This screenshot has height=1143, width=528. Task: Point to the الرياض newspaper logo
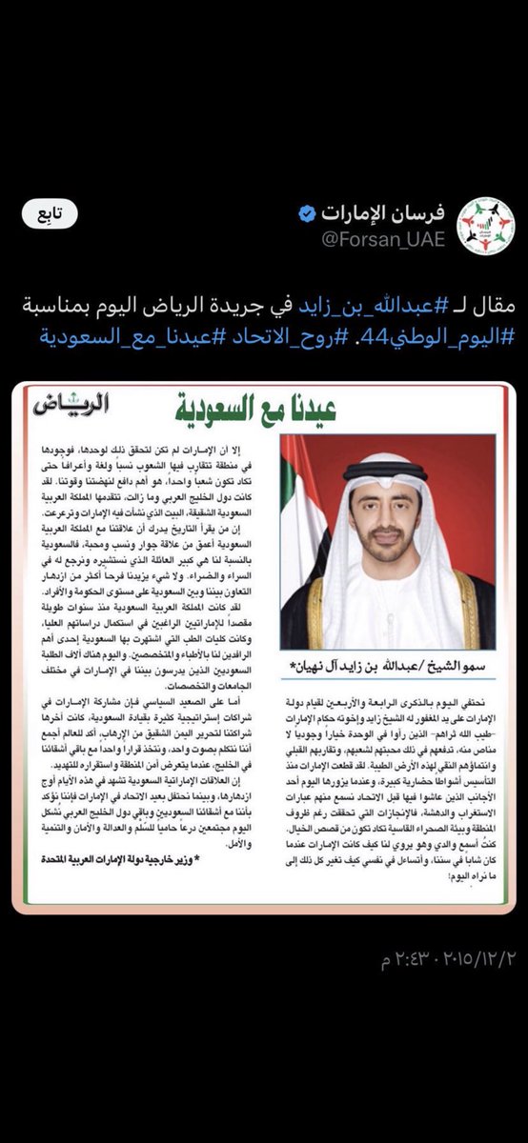tap(71, 403)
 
